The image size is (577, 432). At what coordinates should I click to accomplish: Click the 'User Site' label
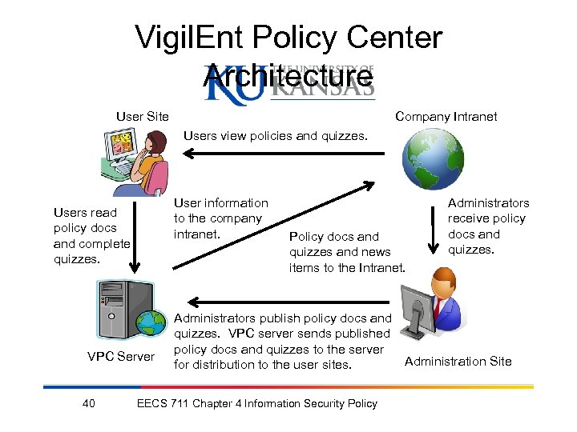pyautogui.click(x=142, y=117)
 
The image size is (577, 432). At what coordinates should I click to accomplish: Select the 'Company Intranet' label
pyautogui.click(x=446, y=117)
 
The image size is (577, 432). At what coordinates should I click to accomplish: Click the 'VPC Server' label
pyautogui.click(x=120, y=356)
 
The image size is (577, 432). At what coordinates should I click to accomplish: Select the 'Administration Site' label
pyautogui.click(x=458, y=361)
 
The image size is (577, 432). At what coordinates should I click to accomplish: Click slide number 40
pyautogui.click(x=89, y=403)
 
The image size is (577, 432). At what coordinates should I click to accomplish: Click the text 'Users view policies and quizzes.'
pyautogui.click(x=275, y=136)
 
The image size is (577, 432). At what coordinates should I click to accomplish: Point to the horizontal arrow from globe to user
pyautogui.click(x=280, y=152)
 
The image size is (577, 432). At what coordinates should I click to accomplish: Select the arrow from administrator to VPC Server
pyautogui.click(x=280, y=302)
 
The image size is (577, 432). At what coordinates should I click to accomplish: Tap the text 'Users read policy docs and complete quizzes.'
pyautogui.click(x=91, y=236)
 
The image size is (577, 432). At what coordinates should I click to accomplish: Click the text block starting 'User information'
pyautogui.click(x=220, y=218)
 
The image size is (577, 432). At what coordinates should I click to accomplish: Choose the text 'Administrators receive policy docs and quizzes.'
pyautogui.click(x=487, y=226)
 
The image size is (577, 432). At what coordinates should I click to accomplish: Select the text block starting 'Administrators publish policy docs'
pyautogui.click(x=282, y=342)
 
